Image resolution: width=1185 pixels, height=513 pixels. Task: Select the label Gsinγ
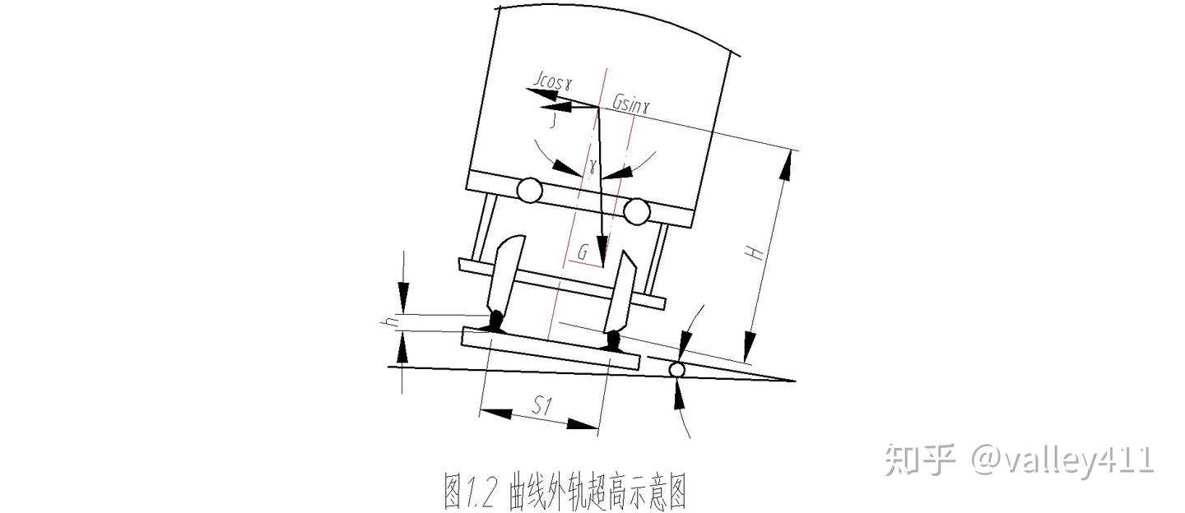(x=631, y=104)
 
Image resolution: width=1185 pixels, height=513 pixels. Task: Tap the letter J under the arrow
(x=555, y=120)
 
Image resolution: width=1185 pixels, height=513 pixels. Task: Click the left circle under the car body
(x=527, y=191)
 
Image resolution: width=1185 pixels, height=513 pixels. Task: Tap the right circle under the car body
(x=635, y=212)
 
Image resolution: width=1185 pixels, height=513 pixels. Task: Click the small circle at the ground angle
(x=676, y=370)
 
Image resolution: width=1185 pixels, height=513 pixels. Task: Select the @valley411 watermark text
(x=1062, y=460)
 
